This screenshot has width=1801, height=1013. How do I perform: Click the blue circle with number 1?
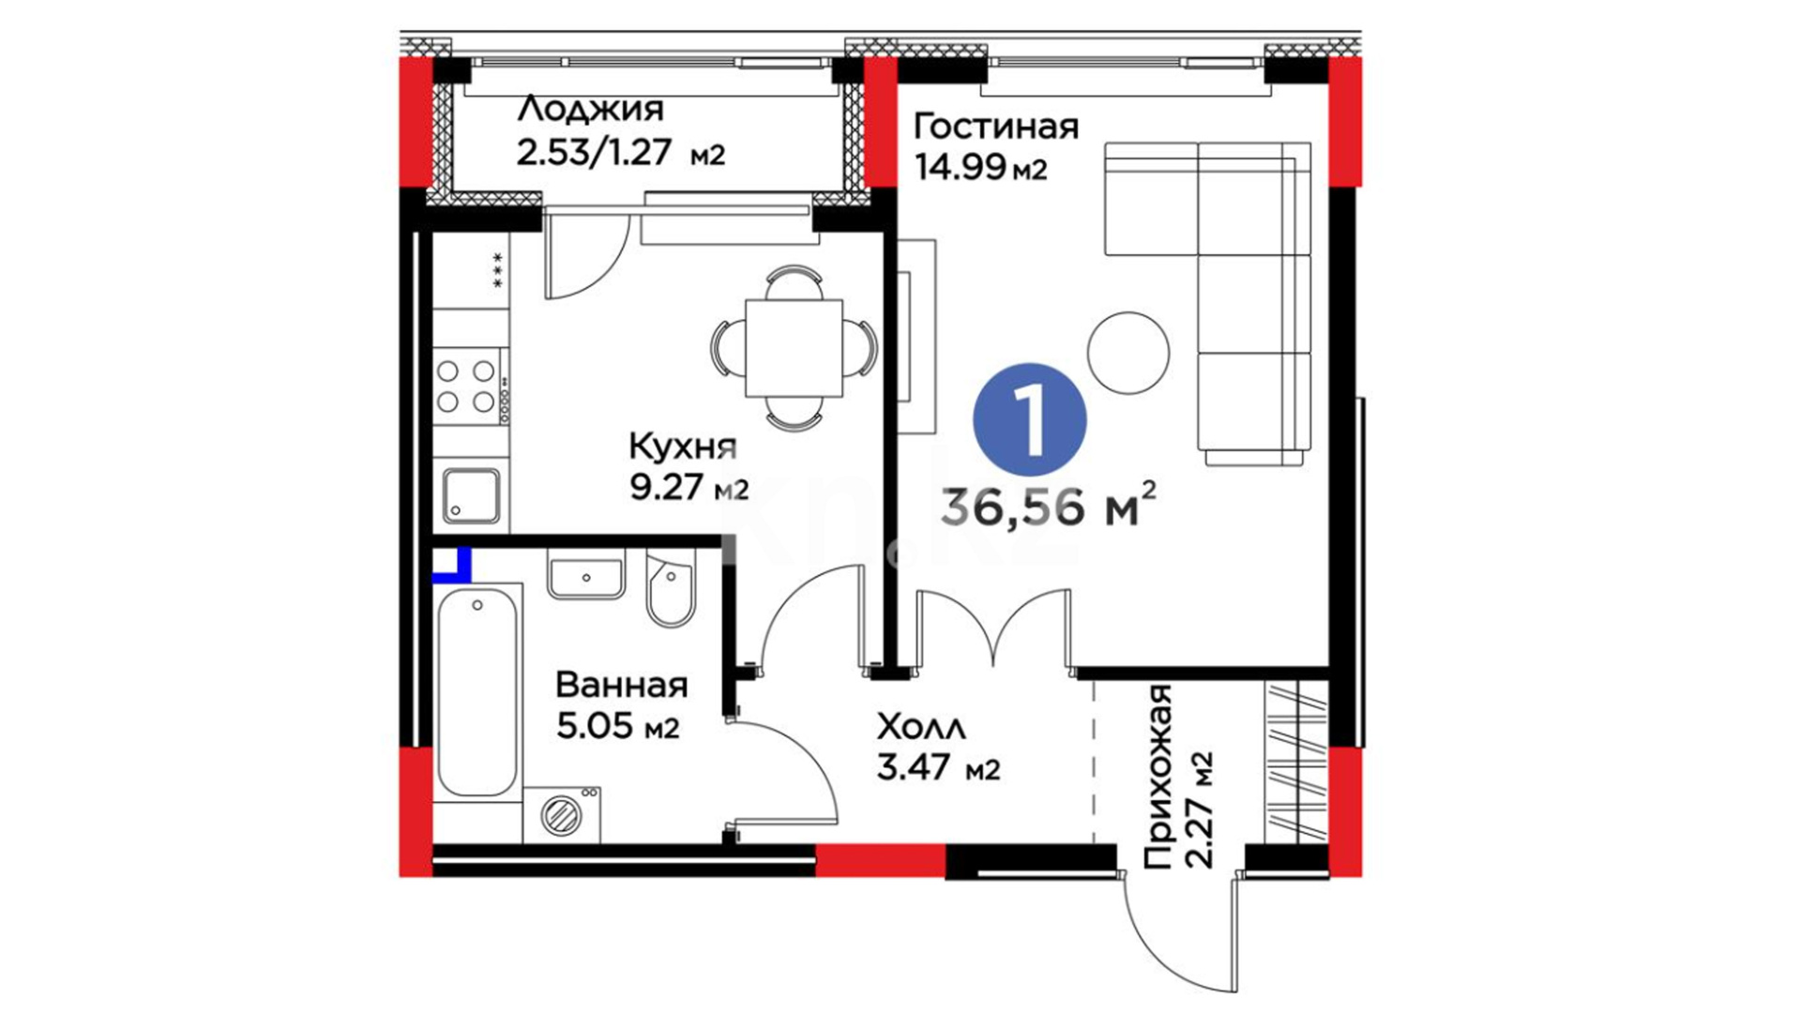(1030, 419)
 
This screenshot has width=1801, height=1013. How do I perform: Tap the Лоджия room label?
(590, 109)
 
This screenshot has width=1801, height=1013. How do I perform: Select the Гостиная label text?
(996, 126)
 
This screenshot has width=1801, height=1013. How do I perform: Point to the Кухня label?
(683, 446)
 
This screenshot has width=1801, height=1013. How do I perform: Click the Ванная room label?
(621, 685)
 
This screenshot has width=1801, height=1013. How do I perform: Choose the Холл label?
(921, 727)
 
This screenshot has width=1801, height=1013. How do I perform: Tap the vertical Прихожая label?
(1159, 777)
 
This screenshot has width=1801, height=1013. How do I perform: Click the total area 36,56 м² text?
(1048, 506)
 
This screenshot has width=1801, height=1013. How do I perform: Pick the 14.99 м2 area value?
(980, 168)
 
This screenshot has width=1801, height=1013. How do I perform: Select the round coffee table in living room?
(1128, 353)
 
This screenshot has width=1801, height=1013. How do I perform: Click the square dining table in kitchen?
(794, 348)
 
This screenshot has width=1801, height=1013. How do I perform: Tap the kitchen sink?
(471, 495)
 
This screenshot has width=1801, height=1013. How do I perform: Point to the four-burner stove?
(468, 386)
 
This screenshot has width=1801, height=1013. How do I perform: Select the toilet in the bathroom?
(670, 589)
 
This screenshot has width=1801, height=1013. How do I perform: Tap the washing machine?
(562, 814)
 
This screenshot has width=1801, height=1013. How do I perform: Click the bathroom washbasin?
(586, 575)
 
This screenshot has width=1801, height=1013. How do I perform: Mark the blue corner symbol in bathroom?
(452, 566)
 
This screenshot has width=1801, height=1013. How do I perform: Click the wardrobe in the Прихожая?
(1296, 763)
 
